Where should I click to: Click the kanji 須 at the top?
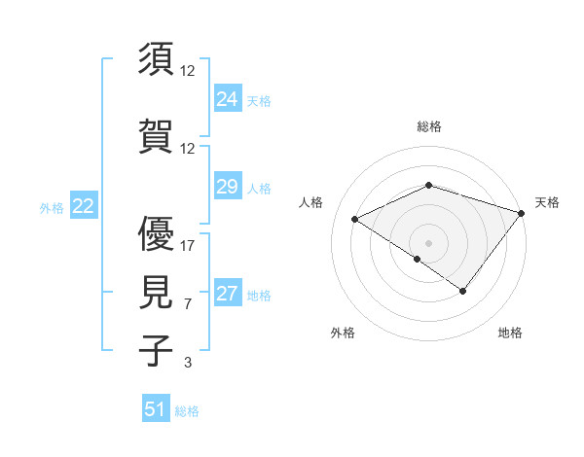157,60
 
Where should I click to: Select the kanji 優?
157,234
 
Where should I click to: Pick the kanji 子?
157,349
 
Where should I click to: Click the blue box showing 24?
228,99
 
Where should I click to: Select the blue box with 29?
228,187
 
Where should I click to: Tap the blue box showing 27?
228,294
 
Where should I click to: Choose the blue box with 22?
83,206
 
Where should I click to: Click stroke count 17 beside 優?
188,246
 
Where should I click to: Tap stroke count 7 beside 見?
188,303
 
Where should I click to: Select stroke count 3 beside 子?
188,362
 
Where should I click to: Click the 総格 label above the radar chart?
428,126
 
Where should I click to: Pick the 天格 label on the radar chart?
548,202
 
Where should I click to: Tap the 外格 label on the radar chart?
343,333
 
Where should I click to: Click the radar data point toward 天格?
522,213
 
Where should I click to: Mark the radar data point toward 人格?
355,220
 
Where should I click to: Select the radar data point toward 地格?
463,291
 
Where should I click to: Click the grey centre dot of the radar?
428,243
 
